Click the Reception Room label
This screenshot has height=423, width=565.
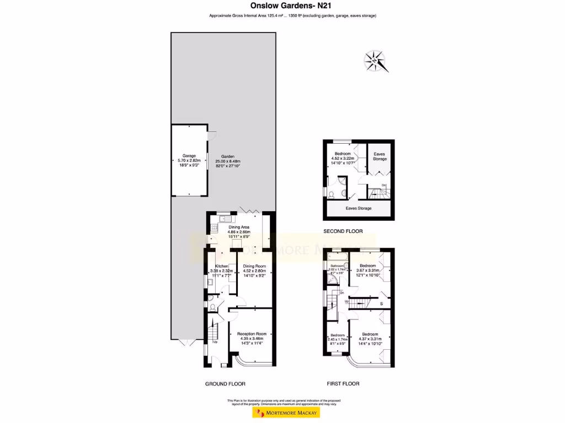[255, 334]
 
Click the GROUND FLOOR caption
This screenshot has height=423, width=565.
[225, 384]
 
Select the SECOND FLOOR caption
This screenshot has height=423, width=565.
[343, 231]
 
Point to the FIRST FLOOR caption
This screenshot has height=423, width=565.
[343, 384]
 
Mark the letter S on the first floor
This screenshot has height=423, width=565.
[380, 303]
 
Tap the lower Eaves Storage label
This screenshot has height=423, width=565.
[359, 208]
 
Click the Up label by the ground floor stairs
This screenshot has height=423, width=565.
[215, 341]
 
